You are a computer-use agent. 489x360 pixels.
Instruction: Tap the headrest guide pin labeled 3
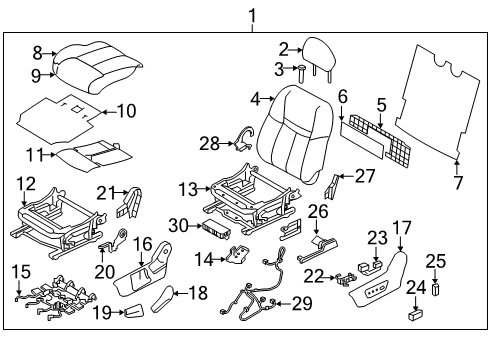pos(300,70)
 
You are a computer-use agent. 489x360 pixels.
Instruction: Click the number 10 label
pos(126,110)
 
